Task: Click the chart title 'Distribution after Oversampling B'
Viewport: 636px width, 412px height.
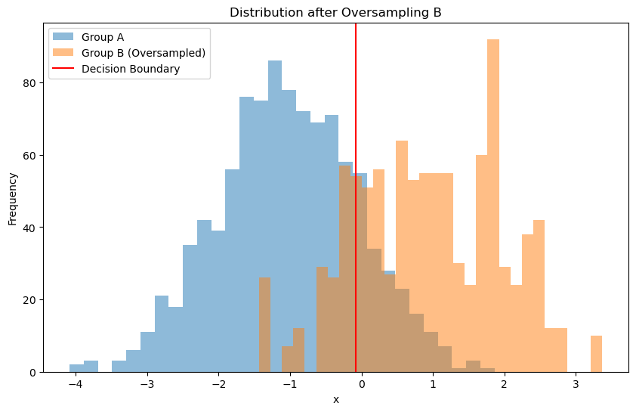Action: click(x=335, y=13)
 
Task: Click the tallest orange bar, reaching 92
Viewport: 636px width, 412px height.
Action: click(x=493, y=204)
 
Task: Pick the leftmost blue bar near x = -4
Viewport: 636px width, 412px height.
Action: click(x=76, y=369)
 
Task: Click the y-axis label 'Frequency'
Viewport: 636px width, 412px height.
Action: click(x=13, y=198)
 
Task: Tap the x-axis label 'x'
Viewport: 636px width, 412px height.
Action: click(x=336, y=400)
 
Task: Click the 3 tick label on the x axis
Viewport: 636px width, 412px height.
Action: click(x=576, y=385)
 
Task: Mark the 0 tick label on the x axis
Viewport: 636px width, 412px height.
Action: click(x=361, y=385)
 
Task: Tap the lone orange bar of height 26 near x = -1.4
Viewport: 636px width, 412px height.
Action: click(x=264, y=325)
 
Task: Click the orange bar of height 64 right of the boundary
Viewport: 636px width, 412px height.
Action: click(x=401, y=257)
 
